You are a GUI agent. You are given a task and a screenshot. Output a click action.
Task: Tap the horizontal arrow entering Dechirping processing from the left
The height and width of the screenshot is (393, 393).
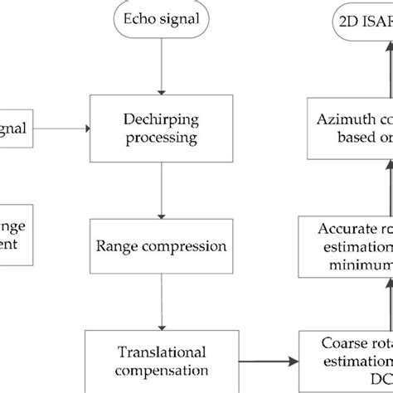tap(61, 128)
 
